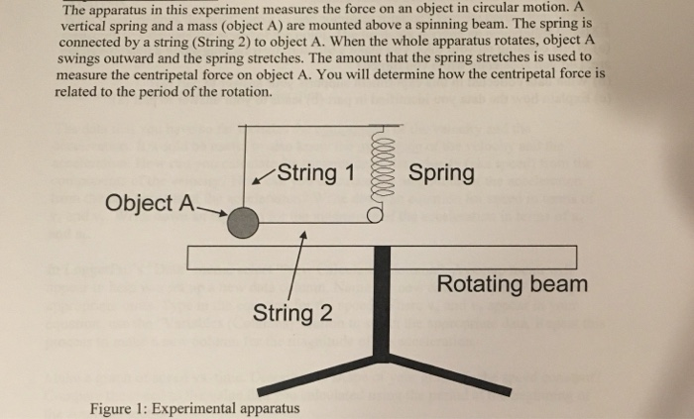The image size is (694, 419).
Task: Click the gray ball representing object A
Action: tap(242, 225)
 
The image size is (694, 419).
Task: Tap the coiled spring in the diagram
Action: tap(378, 172)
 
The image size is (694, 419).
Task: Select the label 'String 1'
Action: tap(314, 172)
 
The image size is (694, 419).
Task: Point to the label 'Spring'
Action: tap(441, 172)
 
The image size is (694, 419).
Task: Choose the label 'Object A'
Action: tap(151, 204)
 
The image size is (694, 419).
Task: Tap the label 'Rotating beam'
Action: tap(512, 285)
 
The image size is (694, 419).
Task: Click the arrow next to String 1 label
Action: tap(264, 178)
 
